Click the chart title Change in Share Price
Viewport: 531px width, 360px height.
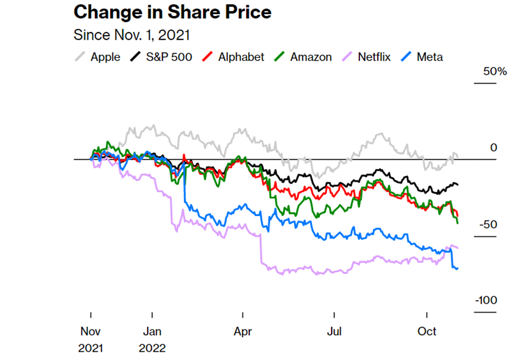click(172, 11)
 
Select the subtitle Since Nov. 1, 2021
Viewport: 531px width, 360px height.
click(132, 35)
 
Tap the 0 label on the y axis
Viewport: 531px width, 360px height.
click(493, 148)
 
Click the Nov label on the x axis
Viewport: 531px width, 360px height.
click(91, 331)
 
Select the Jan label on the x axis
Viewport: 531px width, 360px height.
click(152, 331)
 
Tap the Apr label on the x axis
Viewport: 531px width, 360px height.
click(243, 331)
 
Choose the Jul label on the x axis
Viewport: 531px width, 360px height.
click(334, 331)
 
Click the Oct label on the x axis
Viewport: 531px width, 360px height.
click(427, 331)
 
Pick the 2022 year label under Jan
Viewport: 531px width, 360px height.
click(152, 348)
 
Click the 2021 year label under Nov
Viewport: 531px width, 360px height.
click(91, 348)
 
